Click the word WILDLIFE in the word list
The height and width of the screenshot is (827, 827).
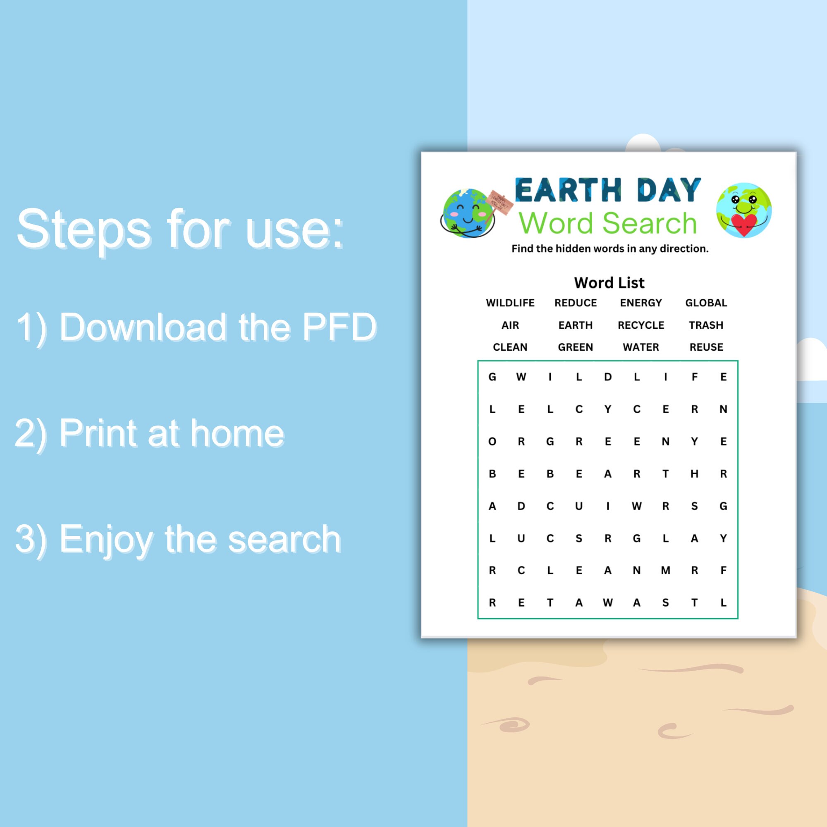point(510,303)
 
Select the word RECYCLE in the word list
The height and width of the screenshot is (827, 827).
point(641,325)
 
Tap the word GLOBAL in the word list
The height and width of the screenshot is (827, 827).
point(706,303)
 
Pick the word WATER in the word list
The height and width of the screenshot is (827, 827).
point(641,347)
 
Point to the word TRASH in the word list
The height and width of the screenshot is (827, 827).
point(706,325)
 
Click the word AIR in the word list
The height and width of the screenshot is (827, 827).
point(510,325)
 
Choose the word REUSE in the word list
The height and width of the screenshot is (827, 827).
point(706,347)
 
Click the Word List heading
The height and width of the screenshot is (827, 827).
point(609,283)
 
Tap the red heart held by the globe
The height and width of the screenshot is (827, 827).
point(744,224)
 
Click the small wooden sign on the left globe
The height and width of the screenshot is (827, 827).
point(500,201)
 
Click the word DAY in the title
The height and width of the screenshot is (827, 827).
point(669,191)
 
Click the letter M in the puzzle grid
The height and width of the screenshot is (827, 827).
point(666,570)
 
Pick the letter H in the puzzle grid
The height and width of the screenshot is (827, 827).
point(694,474)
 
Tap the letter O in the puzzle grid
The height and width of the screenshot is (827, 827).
point(492,442)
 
